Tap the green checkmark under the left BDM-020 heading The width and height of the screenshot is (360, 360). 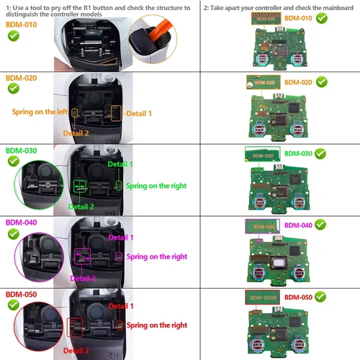click(x=13, y=88)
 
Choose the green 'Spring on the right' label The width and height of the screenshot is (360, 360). click(x=156, y=186)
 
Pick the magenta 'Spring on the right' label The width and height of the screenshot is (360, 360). click(x=156, y=256)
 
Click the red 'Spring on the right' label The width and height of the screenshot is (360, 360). click(x=156, y=326)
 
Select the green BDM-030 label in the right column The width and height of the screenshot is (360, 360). click(x=298, y=153)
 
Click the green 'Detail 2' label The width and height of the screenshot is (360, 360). click(x=81, y=207)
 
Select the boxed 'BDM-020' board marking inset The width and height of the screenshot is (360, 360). click(x=261, y=83)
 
